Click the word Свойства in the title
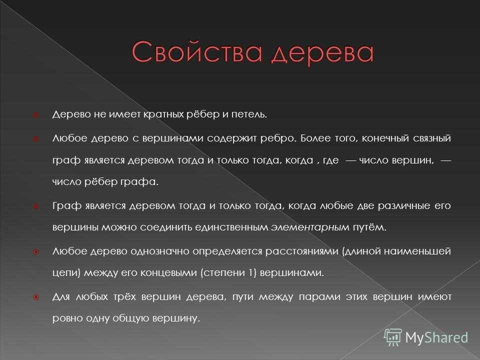197,51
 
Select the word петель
249,114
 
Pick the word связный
432,138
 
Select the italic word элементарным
310,227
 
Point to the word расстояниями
301,251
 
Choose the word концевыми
168,272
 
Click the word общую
130,318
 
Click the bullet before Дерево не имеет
36,115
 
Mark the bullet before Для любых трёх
36,297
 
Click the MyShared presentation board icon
393,337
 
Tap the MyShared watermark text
437,337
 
